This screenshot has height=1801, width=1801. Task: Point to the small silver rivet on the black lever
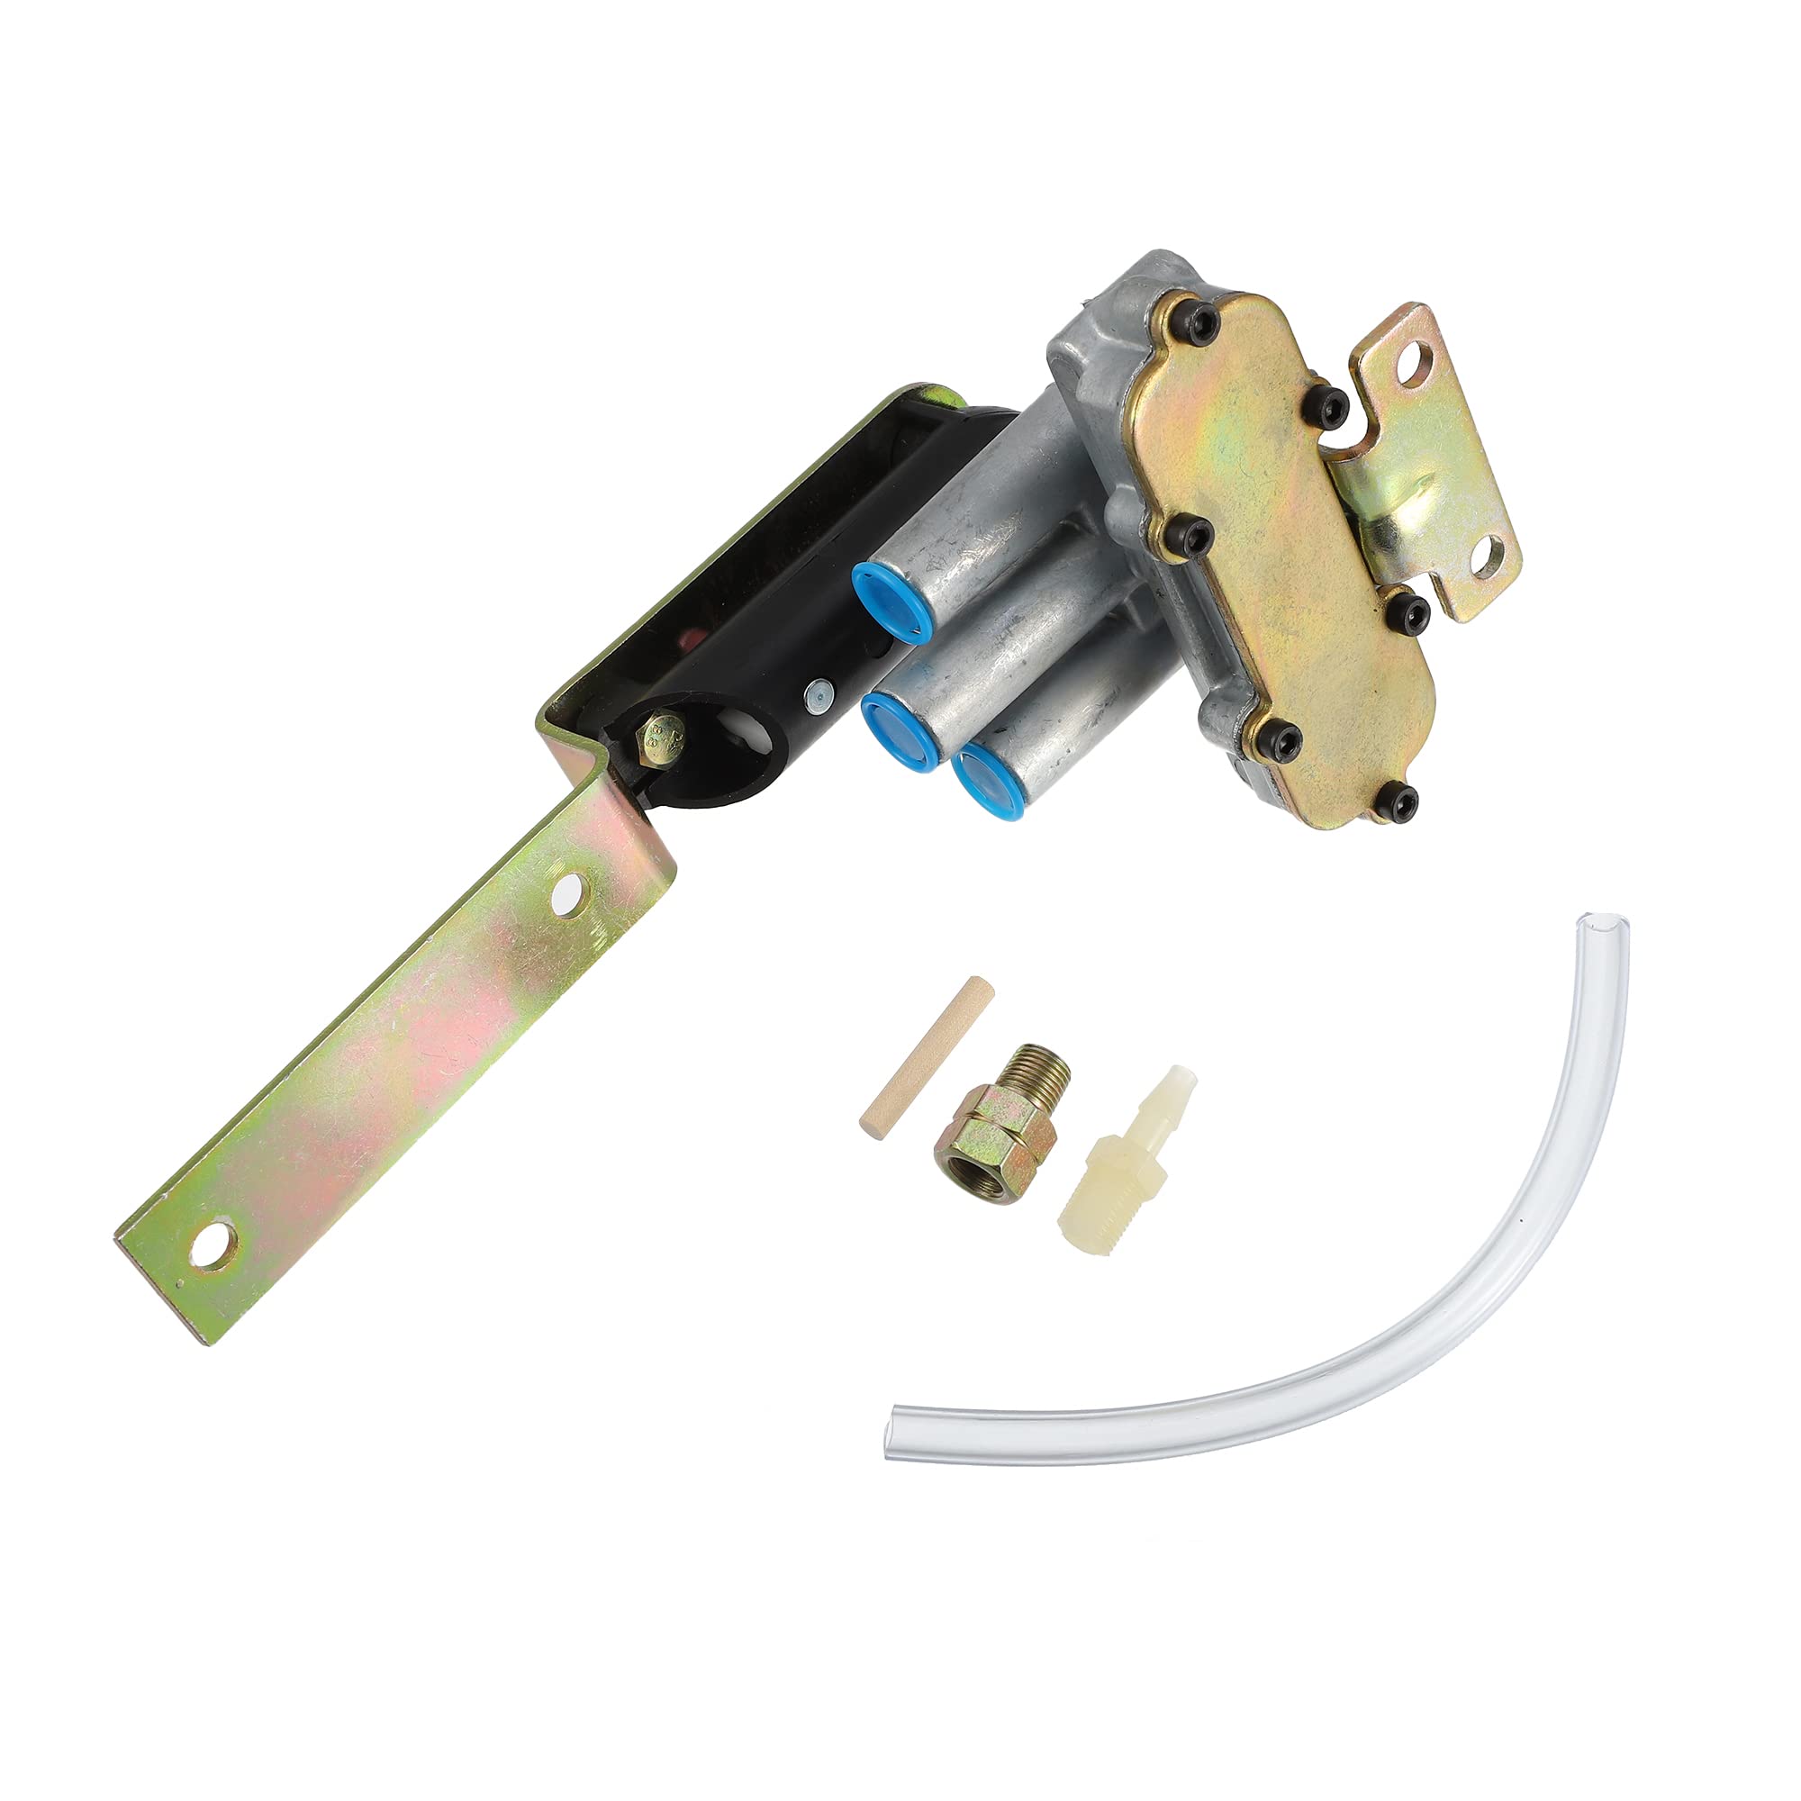pyautogui.click(x=819, y=692)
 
